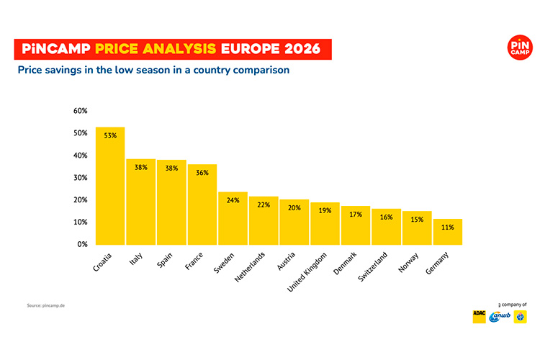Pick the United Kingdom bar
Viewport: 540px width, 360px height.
point(325,223)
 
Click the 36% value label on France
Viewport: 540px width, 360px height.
point(202,173)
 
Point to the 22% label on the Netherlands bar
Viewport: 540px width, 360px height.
point(264,204)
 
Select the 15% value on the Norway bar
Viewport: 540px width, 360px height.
point(417,219)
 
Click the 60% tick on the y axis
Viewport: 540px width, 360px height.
point(80,111)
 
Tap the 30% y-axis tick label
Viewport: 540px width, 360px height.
point(80,178)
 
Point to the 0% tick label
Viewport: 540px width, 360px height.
point(82,245)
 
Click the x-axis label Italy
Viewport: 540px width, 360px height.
point(135,258)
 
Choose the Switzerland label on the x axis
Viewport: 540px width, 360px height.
point(373,267)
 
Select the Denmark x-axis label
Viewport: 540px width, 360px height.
point(344,264)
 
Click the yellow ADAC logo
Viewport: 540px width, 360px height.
point(479,315)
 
